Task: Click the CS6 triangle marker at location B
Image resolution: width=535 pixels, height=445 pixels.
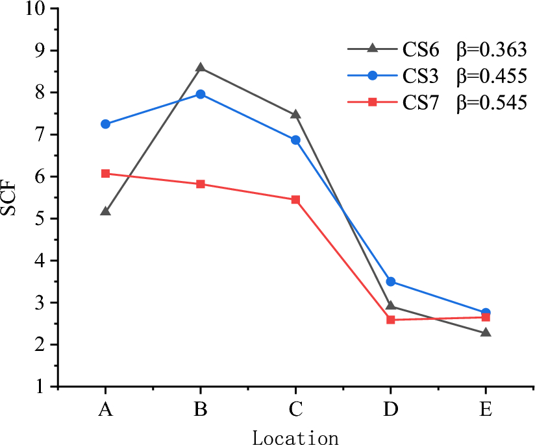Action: click(201, 67)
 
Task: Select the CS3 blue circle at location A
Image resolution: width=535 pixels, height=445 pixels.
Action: click(105, 124)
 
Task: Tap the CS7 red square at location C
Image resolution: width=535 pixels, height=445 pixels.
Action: click(295, 200)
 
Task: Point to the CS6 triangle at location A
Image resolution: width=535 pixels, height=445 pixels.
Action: click(105, 211)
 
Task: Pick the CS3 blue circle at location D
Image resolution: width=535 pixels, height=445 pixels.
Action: click(391, 282)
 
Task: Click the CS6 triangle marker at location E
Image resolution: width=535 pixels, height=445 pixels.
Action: click(486, 333)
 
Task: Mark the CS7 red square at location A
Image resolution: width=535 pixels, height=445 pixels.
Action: click(105, 174)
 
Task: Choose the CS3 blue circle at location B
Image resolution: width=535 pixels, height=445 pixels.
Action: click(201, 94)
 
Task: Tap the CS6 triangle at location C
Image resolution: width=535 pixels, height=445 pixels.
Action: click(295, 115)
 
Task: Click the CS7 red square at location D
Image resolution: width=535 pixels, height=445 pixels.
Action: click(391, 320)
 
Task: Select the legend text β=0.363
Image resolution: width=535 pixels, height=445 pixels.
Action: click(491, 49)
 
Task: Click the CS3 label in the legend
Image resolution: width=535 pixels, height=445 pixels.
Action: click(421, 76)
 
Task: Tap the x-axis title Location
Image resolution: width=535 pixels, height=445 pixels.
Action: click(295, 437)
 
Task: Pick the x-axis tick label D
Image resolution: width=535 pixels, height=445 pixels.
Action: click(391, 411)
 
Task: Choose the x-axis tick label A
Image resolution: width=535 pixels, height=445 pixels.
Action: click(105, 411)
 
